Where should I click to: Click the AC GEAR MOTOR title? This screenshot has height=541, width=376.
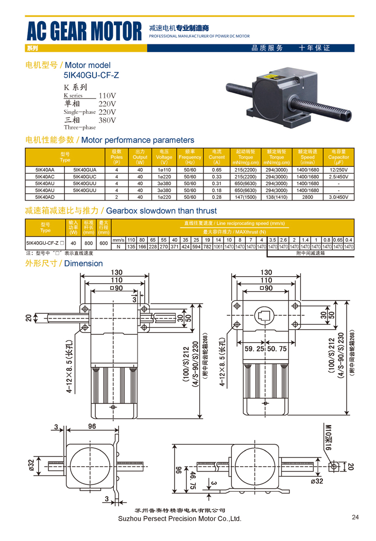(x=84, y=31)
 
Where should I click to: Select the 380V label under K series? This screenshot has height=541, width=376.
(x=107, y=120)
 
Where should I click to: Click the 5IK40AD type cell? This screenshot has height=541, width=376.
(x=45, y=197)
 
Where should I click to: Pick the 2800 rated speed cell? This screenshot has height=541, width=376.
(x=307, y=197)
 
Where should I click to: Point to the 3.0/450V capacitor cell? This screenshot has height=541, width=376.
(x=338, y=197)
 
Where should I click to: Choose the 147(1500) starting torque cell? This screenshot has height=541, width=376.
(x=246, y=197)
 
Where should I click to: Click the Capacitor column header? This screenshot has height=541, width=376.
(x=338, y=157)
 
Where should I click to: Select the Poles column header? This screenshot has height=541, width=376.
(x=116, y=157)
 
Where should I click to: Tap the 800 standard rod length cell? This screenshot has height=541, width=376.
(x=89, y=243)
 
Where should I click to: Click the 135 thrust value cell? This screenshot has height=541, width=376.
(x=131, y=247)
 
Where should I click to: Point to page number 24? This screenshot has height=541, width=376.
(x=355, y=517)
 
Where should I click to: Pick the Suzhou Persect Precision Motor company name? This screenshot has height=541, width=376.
(x=180, y=518)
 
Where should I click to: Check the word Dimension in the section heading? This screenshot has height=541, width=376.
(x=84, y=263)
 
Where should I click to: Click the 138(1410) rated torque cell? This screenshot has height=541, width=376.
(x=277, y=197)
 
